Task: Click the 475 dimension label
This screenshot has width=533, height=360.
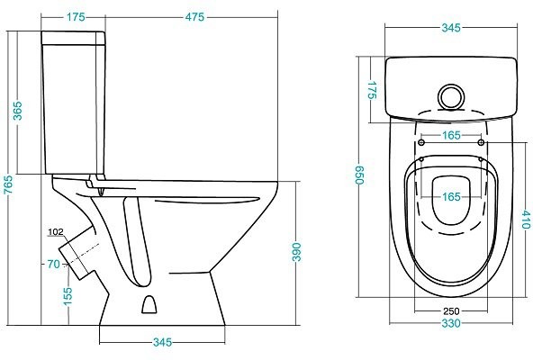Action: [x=194, y=17]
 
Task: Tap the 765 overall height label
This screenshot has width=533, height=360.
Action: [x=8, y=184]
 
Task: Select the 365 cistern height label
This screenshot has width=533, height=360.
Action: [x=17, y=111]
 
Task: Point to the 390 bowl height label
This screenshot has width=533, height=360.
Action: [x=297, y=252]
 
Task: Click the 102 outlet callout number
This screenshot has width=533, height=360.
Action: [x=56, y=232]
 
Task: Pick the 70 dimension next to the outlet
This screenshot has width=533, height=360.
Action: [x=53, y=264]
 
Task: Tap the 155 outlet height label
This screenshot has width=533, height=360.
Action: [x=68, y=296]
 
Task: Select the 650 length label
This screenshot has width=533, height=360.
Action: [x=359, y=175]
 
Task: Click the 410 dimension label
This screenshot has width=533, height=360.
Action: [x=526, y=220]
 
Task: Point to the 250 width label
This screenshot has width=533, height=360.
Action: [x=451, y=311]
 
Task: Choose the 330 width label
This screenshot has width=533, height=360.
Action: [x=451, y=323]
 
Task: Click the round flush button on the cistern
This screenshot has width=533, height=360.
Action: [x=450, y=97]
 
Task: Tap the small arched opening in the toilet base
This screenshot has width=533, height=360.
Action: [x=149, y=304]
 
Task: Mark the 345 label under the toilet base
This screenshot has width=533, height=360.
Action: [x=162, y=342]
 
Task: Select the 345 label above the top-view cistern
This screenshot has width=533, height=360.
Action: [x=451, y=28]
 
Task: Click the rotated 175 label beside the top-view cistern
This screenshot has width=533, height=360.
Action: [x=373, y=90]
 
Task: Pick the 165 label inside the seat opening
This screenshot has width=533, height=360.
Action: [x=451, y=196]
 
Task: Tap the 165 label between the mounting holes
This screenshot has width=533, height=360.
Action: [x=451, y=135]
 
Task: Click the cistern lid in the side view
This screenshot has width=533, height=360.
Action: [x=73, y=38]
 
